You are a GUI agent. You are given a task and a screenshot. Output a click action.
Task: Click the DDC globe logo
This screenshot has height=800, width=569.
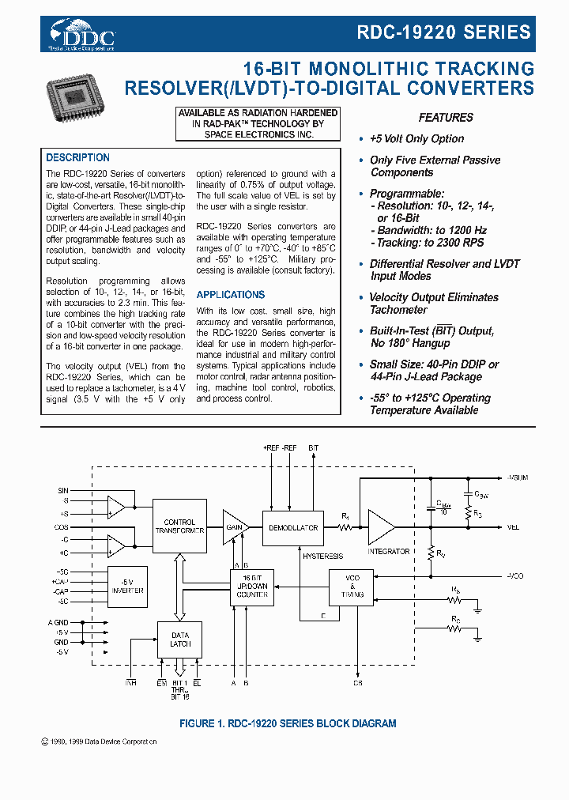tap(82, 34)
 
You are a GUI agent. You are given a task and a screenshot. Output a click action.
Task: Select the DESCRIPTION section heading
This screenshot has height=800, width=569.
tap(77, 158)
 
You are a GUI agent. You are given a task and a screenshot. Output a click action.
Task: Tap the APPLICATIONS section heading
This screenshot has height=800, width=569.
tap(231, 295)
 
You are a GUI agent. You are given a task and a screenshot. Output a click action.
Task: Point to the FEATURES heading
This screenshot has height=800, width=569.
tap(446, 118)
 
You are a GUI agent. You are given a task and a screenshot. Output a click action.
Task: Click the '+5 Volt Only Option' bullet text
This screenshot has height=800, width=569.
tap(416, 139)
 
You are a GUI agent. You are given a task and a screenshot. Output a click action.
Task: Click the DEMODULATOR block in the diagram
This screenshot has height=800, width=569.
tap(293, 527)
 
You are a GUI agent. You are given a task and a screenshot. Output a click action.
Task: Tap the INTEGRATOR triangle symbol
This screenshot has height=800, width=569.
tap(386, 526)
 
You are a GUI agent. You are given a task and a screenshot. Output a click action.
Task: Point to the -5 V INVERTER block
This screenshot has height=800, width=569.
tap(127, 586)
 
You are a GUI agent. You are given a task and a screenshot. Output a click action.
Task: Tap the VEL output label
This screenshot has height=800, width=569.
tap(513, 527)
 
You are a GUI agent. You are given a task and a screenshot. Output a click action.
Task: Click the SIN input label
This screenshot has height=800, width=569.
tap(63, 491)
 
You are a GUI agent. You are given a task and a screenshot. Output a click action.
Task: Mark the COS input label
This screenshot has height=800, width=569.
tap(62, 526)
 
